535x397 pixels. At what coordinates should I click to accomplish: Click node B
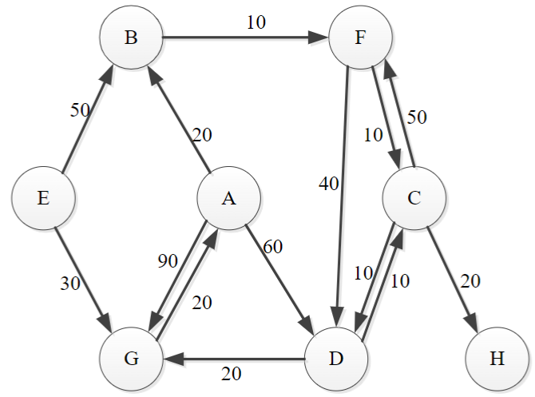pyautogui.click(x=131, y=38)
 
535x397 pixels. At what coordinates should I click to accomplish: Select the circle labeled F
pyautogui.click(x=360, y=38)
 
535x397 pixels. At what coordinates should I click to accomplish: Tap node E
pyautogui.click(x=43, y=197)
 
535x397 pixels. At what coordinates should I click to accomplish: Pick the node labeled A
pyautogui.click(x=229, y=197)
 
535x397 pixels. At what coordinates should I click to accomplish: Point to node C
pyautogui.click(x=414, y=197)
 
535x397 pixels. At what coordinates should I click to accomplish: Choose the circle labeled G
pyautogui.click(x=131, y=357)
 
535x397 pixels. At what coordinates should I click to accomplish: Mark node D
pyautogui.click(x=337, y=357)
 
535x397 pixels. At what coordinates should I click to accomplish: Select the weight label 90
pyautogui.click(x=167, y=261)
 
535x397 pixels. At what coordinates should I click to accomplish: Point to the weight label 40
pyautogui.click(x=329, y=184)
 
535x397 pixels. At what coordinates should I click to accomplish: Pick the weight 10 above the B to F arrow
pyautogui.click(x=256, y=22)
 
